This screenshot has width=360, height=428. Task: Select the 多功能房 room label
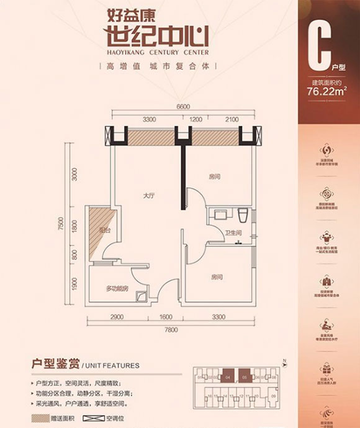tap(116, 288)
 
